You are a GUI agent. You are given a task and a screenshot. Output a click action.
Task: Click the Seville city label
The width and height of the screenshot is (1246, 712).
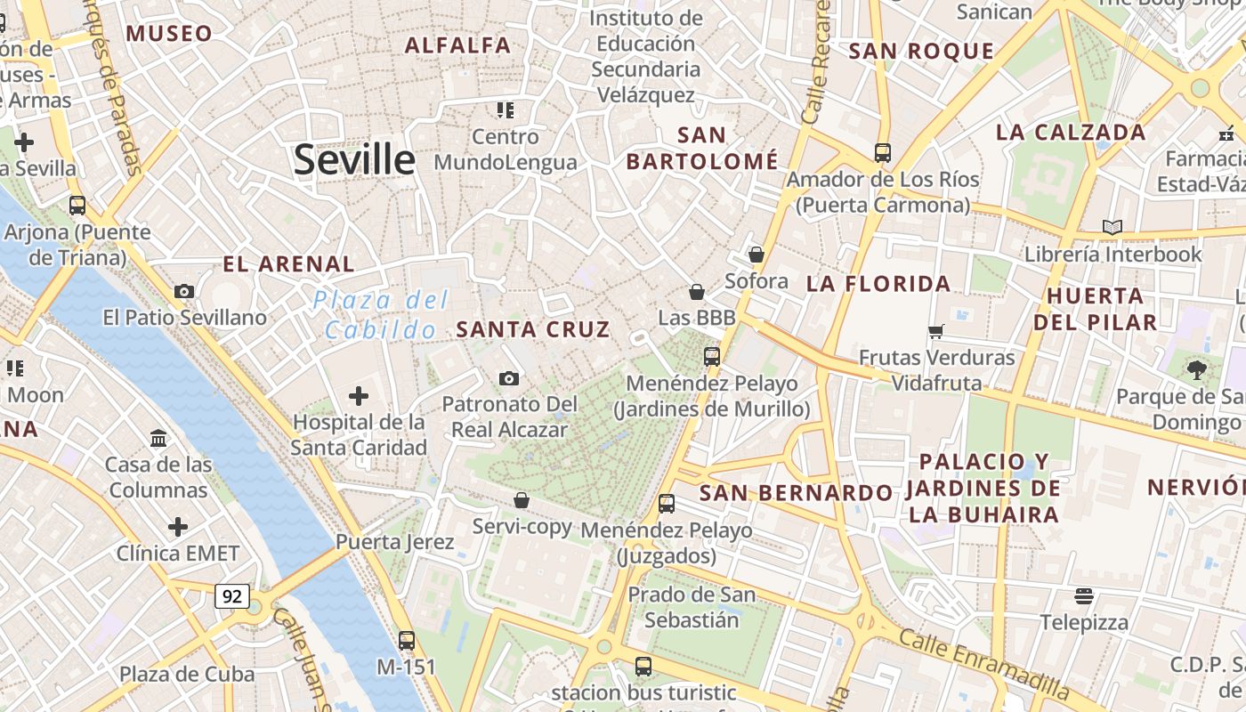[354, 160]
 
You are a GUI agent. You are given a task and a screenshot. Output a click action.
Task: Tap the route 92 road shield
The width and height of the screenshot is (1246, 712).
[231, 595]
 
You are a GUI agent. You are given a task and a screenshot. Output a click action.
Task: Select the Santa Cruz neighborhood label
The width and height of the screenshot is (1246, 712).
[532, 328]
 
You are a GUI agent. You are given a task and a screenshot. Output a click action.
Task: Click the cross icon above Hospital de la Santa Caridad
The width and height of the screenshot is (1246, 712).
[359, 395]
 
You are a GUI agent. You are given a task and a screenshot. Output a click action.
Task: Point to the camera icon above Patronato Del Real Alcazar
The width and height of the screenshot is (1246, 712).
[509, 378]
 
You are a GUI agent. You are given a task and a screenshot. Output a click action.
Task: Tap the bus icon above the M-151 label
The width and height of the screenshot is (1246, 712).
[407, 640]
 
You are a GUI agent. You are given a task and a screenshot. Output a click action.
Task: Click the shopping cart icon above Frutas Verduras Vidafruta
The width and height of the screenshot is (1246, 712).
[935, 331]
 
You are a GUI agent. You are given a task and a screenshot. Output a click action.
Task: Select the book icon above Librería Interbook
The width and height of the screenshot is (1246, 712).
[1112, 227]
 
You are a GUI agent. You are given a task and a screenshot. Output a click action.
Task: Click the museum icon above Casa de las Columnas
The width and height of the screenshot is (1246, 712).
[159, 438]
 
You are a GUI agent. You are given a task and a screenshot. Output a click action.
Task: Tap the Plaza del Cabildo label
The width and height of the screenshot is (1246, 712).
[380, 315]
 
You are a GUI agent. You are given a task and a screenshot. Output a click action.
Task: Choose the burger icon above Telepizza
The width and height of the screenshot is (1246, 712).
[1083, 595]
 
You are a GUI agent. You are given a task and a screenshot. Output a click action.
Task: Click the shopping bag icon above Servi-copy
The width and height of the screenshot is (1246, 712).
[522, 500]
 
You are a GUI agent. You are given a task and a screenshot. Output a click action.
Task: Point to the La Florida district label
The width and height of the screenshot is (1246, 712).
[878, 284]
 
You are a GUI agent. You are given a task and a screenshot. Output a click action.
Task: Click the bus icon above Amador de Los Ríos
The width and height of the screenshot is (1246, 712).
[882, 152]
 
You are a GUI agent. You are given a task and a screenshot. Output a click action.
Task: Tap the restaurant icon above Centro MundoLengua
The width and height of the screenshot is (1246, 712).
[506, 110]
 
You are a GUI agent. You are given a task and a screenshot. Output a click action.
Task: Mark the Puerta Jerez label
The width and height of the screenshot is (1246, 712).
[394, 541]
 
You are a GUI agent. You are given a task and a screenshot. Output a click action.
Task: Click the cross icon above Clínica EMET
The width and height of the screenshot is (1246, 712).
[178, 527]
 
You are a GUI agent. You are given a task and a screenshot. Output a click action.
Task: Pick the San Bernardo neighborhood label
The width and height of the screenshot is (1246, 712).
[795, 492]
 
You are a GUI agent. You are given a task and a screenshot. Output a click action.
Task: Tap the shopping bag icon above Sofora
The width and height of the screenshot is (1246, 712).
[756, 255]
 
